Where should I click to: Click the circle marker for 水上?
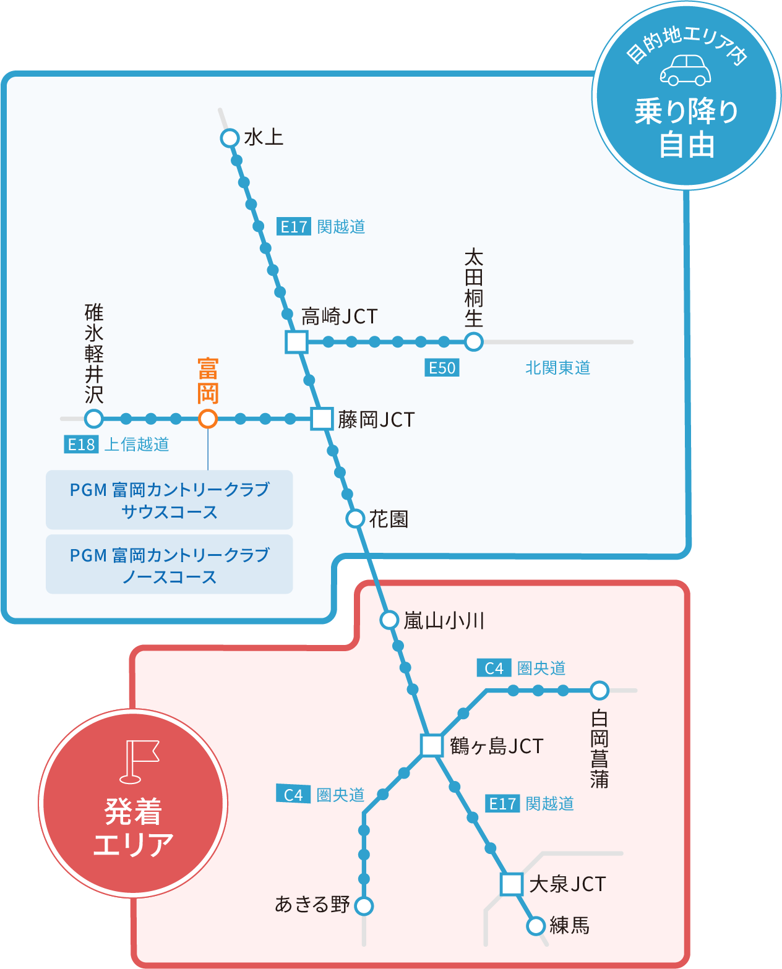click(x=230, y=137)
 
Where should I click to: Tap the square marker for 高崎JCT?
click(x=296, y=341)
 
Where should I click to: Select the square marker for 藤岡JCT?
click(x=322, y=419)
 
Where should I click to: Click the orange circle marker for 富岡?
click(x=208, y=419)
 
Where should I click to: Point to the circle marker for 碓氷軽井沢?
click(x=93, y=419)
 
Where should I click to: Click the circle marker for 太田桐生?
click(x=473, y=341)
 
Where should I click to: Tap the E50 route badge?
click(x=442, y=368)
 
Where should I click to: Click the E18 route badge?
click(x=81, y=444)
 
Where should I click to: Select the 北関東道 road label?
click(x=557, y=368)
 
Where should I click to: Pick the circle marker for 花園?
click(x=355, y=518)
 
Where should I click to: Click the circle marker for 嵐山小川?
click(x=389, y=619)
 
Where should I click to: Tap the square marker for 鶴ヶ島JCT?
click(x=431, y=745)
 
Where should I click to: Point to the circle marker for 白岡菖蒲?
click(x=599, y=690)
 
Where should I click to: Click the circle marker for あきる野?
click(x=364, y=906)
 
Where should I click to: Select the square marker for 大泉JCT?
click(x=512, y=884)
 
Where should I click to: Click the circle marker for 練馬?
click(x=536, y=926)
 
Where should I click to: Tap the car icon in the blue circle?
click(x=685, y=70)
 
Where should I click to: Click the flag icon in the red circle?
click(x=138, y=760)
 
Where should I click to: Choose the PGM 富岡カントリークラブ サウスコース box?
click(x=169, y=500)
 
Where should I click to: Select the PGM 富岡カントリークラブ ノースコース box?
click(x=169, y=565)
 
